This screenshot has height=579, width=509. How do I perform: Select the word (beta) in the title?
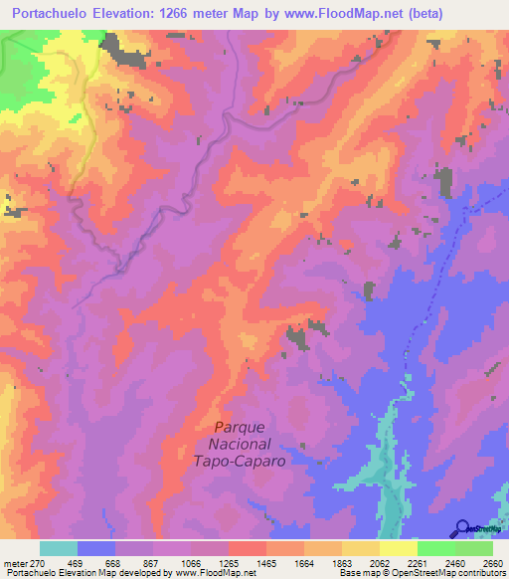[x=418, y=13]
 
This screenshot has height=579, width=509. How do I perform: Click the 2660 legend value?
[x=494, y=563]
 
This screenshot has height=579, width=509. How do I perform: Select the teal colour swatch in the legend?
[x=59, y=548]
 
